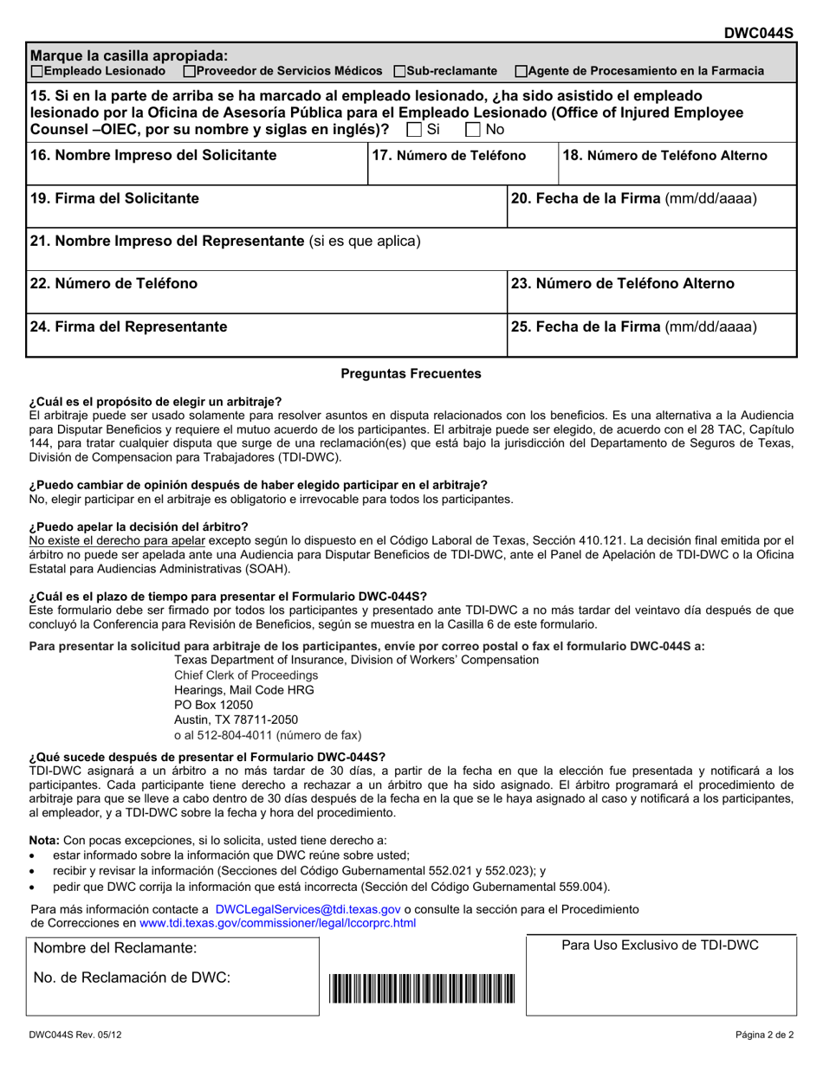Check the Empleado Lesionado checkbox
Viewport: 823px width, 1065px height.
(36, 70)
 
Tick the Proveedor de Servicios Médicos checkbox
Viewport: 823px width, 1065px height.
(190, 70)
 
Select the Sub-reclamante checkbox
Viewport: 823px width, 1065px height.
(399, 70)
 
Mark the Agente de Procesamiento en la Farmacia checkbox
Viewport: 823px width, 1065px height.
(520, 70)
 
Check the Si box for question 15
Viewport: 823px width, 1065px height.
(414, 130)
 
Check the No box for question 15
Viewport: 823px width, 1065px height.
(473, 130)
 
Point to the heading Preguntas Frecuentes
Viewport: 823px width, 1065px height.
(411, 374)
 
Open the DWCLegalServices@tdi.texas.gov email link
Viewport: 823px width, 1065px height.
(308, 909)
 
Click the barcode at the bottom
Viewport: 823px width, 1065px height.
(422, 988)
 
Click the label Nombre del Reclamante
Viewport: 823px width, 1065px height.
(115, 948)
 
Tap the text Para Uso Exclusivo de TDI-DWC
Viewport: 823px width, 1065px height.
(659, 945)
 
